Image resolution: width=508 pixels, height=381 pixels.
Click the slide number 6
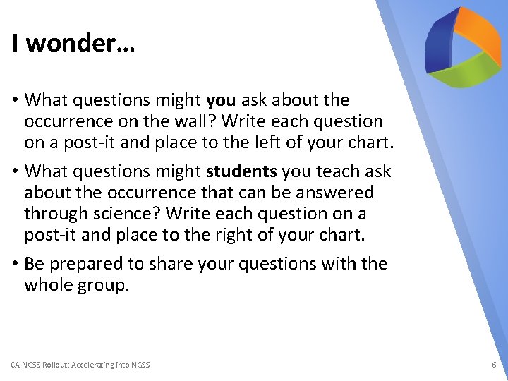(494, 365)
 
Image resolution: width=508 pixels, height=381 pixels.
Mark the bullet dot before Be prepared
(16, 264)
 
